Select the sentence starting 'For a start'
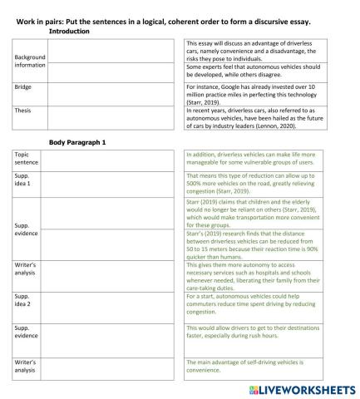[263, 302]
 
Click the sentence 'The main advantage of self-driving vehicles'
[263, 367]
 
